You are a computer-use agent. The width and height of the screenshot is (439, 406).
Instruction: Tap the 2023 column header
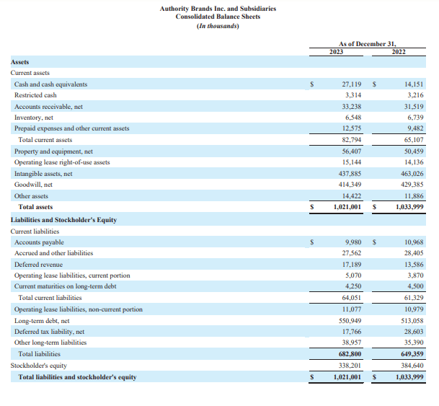pos(336,51)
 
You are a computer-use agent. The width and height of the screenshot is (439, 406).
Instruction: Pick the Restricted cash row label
pos(35,95)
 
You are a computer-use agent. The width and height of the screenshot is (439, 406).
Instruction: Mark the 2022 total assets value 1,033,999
pos(409,208)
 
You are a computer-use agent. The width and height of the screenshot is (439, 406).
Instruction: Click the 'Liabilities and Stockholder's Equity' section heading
pos(63,219)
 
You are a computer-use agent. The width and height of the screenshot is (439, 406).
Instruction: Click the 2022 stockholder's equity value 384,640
pos(412,366)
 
